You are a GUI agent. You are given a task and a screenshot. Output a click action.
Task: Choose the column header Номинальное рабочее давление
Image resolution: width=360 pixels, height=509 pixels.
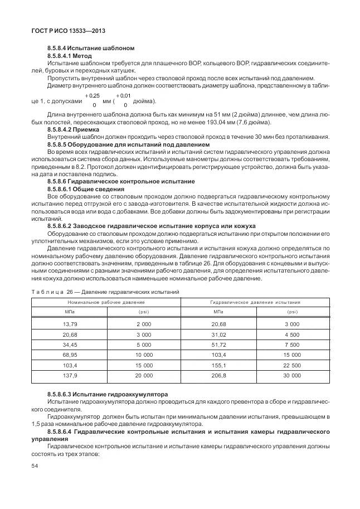click(106, 302)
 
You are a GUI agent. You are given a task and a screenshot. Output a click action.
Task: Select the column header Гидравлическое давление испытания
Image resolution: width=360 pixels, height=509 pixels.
click(255, 302)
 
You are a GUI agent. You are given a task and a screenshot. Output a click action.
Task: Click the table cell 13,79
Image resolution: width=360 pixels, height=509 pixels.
click(70, 324)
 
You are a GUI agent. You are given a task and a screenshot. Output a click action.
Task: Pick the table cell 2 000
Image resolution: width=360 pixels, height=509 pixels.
click(144, 324)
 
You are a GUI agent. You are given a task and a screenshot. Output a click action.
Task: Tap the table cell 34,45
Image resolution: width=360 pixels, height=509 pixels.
click(70, 345)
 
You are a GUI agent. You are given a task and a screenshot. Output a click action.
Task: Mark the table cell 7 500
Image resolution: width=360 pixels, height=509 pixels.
click(292, 345)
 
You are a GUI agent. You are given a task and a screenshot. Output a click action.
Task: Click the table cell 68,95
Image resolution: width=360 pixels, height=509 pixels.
click(70, 355)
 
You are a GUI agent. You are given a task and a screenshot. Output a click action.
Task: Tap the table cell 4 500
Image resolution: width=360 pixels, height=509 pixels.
click(292, 334)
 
